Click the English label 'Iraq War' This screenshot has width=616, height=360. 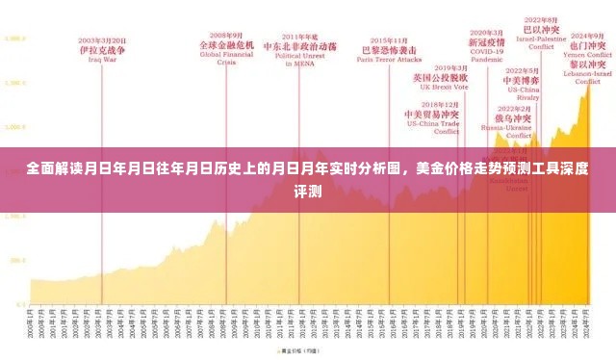click(102, 59)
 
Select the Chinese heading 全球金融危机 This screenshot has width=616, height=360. click(226, 45)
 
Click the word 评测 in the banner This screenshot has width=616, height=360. click(307, 191)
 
